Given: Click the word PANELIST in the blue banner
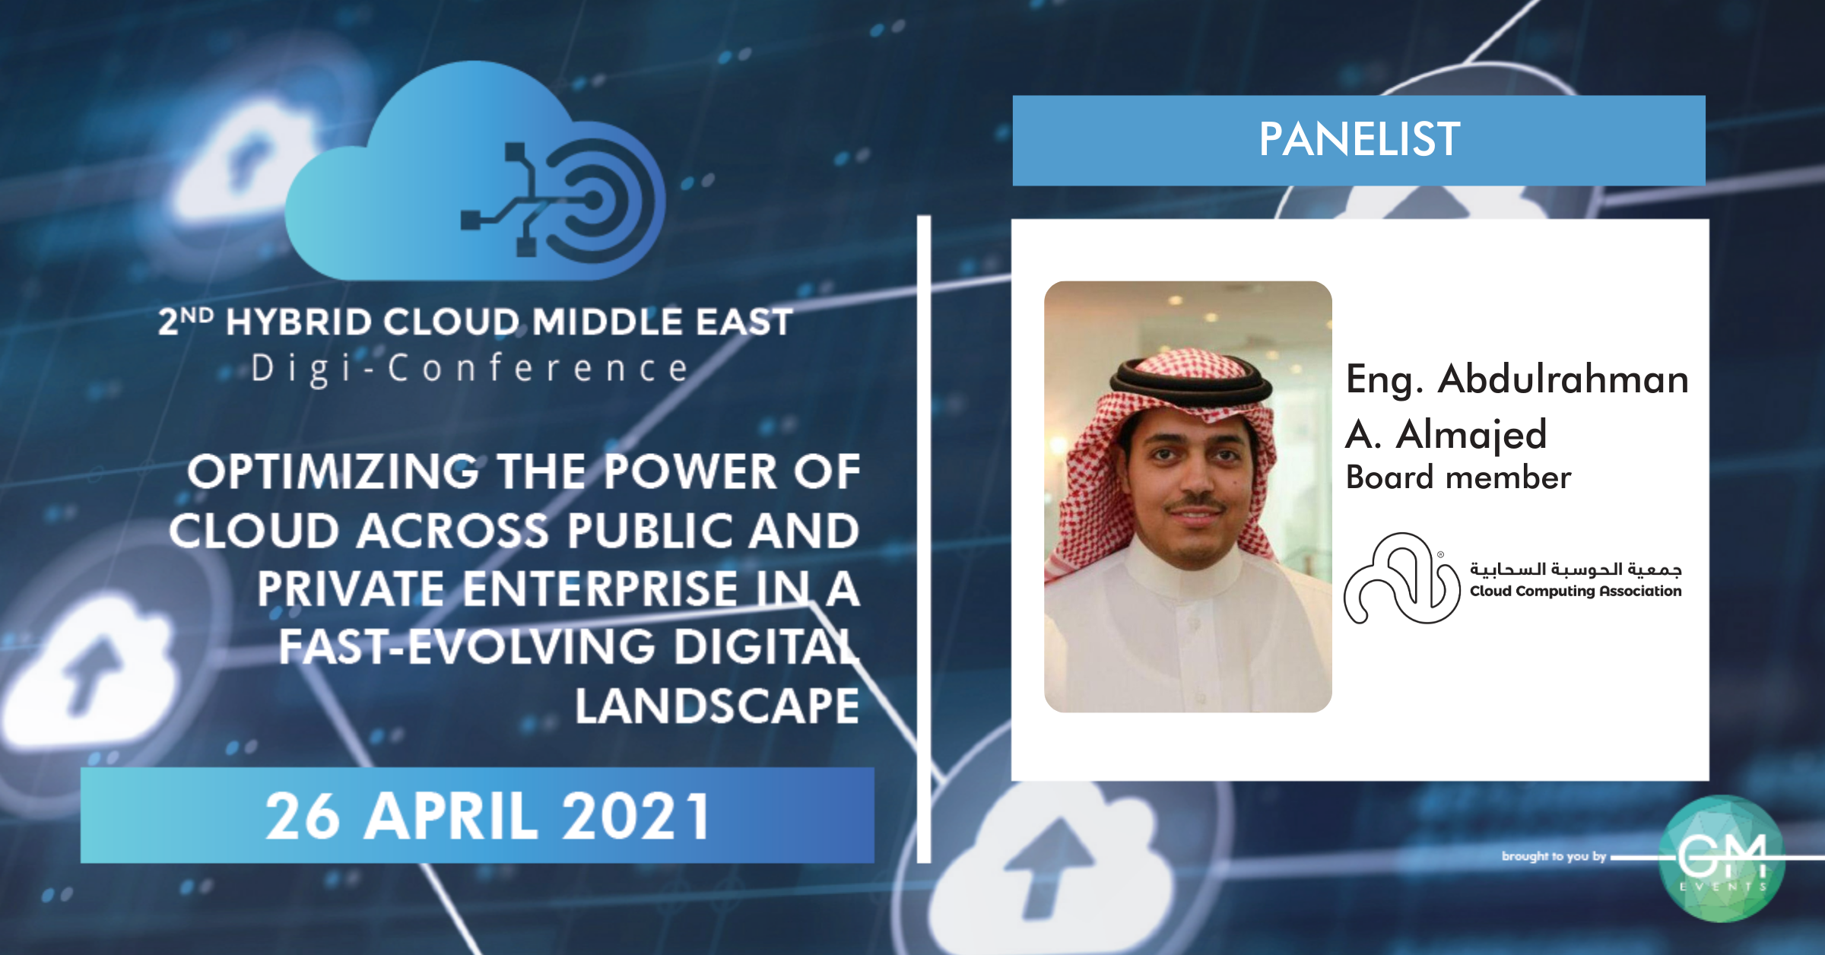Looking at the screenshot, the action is [1359, 139].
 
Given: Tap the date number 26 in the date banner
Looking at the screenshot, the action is [302, 816].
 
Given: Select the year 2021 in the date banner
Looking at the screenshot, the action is [635, 816].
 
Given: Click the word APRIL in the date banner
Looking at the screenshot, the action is [450, 816].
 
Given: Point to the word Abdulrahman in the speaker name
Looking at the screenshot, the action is [1563, 379].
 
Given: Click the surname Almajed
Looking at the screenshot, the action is [1471, 435].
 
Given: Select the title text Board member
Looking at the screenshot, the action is [1458, 477].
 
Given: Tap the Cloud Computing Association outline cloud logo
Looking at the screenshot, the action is [1401, 578].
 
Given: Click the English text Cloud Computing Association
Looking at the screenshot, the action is [1576, 591].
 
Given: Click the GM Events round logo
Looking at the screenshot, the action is [1722, 858].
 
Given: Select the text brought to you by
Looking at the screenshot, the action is [1554, 856].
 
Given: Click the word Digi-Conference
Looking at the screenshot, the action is [470, 369].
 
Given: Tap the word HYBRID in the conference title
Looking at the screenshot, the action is [299, 322].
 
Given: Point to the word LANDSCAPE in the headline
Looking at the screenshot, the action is [717, 706].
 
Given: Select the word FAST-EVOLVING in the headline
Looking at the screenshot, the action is [467, 647].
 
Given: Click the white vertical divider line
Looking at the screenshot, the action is [924, 539].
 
